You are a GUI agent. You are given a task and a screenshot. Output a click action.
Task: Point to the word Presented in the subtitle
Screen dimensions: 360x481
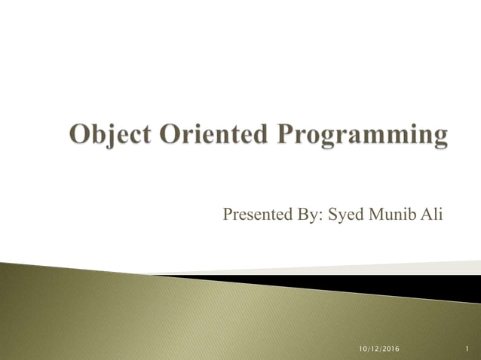coord(256,215)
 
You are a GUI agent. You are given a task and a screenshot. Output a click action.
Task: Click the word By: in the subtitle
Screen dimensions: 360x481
coord(309,216)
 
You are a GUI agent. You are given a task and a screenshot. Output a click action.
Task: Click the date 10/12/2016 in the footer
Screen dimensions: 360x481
coord(379,348)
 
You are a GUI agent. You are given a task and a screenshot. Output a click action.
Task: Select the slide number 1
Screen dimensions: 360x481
coord(467,348)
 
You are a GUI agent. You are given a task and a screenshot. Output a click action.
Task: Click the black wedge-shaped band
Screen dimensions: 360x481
coord(377,286)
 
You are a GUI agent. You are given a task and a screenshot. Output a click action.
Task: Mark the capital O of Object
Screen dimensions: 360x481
coord(80,136)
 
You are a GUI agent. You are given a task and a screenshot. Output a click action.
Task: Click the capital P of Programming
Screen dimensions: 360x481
coord(284,136)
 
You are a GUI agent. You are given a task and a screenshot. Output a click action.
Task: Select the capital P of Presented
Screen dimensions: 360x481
coord(228,215)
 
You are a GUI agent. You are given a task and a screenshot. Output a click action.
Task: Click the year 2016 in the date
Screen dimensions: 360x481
coord(391,348)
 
